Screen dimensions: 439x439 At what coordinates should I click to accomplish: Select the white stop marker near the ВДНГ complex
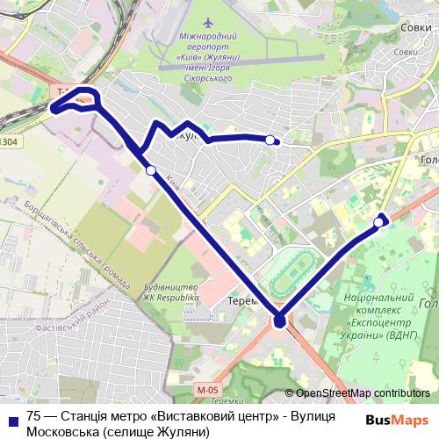point(378,222)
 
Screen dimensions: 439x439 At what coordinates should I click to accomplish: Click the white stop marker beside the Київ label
point(151,170)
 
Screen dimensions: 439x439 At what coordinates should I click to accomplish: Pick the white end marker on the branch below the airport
point(270,139)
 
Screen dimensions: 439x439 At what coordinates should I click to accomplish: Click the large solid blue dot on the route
point(279,321)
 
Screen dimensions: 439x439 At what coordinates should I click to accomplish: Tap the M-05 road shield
point(207,390)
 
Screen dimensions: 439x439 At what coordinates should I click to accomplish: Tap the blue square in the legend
point(11,419)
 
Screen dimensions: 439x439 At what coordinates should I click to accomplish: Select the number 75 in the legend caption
point(33,417)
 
